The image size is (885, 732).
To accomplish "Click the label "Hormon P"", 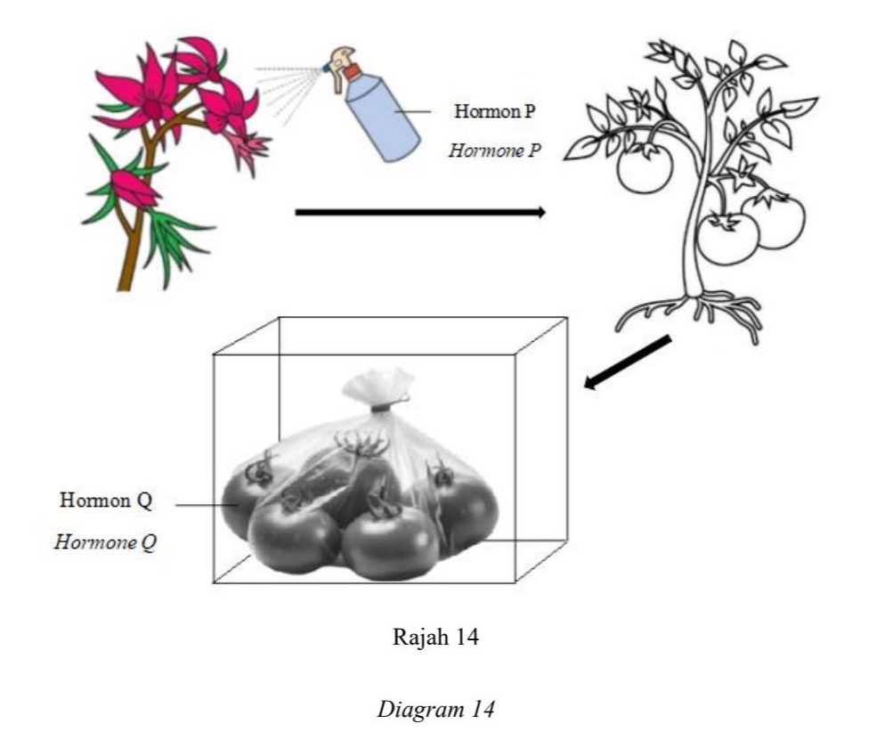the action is click(x=494, y=111).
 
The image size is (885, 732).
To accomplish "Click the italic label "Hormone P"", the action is click(x=494, y=150).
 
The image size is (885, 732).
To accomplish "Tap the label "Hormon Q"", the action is click(x=106, y=500).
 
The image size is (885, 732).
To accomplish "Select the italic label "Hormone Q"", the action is click(x=106, y=542).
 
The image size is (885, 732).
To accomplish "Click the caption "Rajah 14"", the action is click(x=435, y=637).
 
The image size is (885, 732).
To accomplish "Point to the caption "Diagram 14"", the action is click(x=435, y=709).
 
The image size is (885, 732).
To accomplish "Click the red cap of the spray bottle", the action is click(x=352, y=72).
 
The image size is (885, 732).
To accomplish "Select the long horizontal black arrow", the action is click(x=420, y=212).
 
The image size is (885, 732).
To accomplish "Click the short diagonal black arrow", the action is click(x=627, y=362).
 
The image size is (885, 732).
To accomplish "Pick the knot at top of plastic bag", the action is click(x=383, y=404).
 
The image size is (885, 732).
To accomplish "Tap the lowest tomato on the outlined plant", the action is click(x=728, y=239).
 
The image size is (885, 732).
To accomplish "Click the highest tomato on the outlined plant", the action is click(x=645, y=167).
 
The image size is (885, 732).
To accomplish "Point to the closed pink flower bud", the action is click(x=134, y=189).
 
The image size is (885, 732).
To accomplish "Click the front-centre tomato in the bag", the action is click(x=390, y=541).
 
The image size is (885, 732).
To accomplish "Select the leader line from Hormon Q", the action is click(x=207, y=505).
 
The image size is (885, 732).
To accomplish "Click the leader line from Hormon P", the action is click(x=412, y=111).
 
